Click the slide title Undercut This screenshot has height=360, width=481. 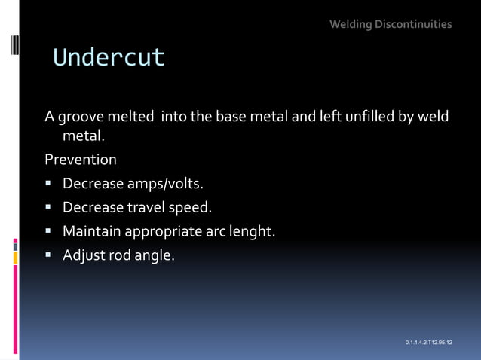(109, 58)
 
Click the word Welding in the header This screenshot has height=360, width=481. (351, 24)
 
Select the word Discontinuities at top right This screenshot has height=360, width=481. (414, 24)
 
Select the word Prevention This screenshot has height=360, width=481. (81, 160)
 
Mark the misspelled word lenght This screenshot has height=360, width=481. (251, 232)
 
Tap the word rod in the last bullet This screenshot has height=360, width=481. (120, 255)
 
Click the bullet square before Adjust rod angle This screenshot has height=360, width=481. (49, 255)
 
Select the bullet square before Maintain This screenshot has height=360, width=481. (49, 231)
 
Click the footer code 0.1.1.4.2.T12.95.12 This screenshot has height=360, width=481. (428, 343)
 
